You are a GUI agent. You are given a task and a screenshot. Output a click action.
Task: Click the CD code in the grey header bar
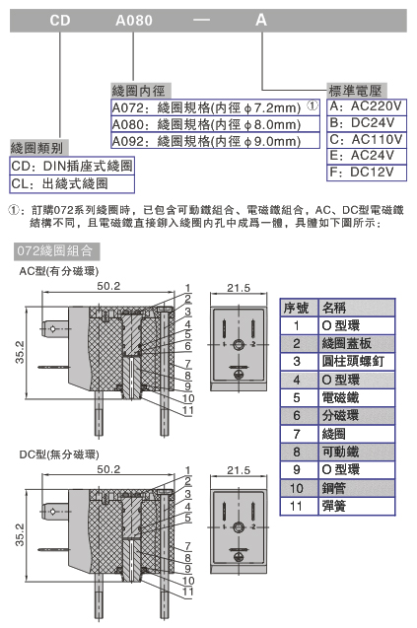60,21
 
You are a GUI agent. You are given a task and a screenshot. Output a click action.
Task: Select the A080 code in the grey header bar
134,21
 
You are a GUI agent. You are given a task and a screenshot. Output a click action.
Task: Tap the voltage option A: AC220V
366,106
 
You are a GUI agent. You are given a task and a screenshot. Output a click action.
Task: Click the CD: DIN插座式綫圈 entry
72,166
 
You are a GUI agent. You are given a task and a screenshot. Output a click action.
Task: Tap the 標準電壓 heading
355,91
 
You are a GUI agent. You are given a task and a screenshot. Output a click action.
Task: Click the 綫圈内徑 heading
139,90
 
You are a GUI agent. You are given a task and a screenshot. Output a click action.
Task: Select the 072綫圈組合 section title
55,251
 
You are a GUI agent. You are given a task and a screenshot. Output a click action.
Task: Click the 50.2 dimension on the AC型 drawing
108,286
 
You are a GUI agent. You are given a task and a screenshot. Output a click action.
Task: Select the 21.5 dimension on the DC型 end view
239,470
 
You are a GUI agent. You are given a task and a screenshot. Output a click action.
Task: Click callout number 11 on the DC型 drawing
187,592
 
